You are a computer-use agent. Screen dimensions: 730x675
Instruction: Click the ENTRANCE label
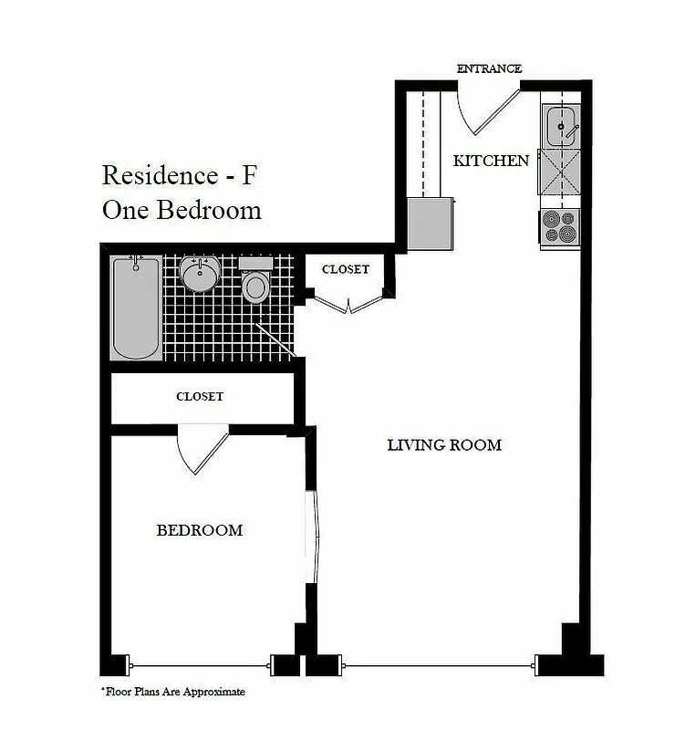[489, 68]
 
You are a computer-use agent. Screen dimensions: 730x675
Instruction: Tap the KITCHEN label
[491, 161]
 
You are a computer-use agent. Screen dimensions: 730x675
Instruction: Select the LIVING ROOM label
[444, 445]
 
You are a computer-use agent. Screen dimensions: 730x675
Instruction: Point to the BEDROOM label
[199, 530]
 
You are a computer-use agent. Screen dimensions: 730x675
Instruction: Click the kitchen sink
[560, 125]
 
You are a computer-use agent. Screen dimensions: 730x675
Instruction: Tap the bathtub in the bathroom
[136, 308]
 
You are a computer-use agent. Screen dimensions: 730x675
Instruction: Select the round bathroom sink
[200, 274]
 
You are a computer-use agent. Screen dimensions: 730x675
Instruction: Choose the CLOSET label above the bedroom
[199, 397]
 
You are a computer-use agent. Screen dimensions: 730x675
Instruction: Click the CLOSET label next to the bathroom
[346, 269]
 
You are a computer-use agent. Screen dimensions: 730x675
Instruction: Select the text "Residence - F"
[179, 173]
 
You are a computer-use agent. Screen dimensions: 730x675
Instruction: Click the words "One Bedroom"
[182, 210]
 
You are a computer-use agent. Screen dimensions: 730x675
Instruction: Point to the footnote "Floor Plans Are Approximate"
[172, 693]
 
